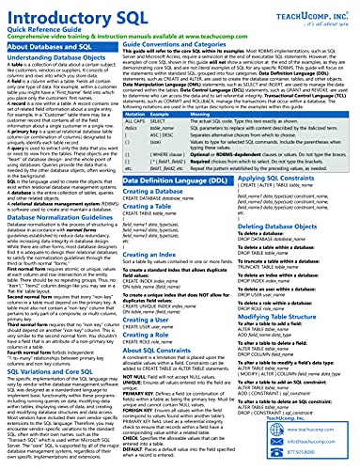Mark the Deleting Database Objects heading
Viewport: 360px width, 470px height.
pos(301,278)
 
